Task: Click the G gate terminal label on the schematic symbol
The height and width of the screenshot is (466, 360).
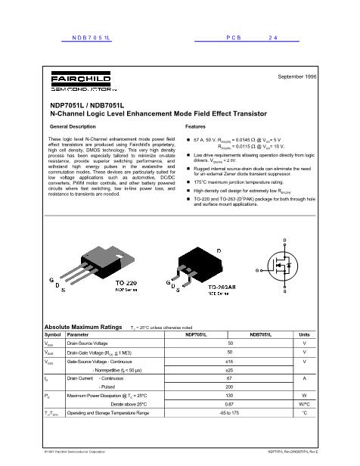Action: tap(258, 269)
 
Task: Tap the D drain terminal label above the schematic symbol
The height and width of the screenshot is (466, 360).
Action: tap(284, 241)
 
